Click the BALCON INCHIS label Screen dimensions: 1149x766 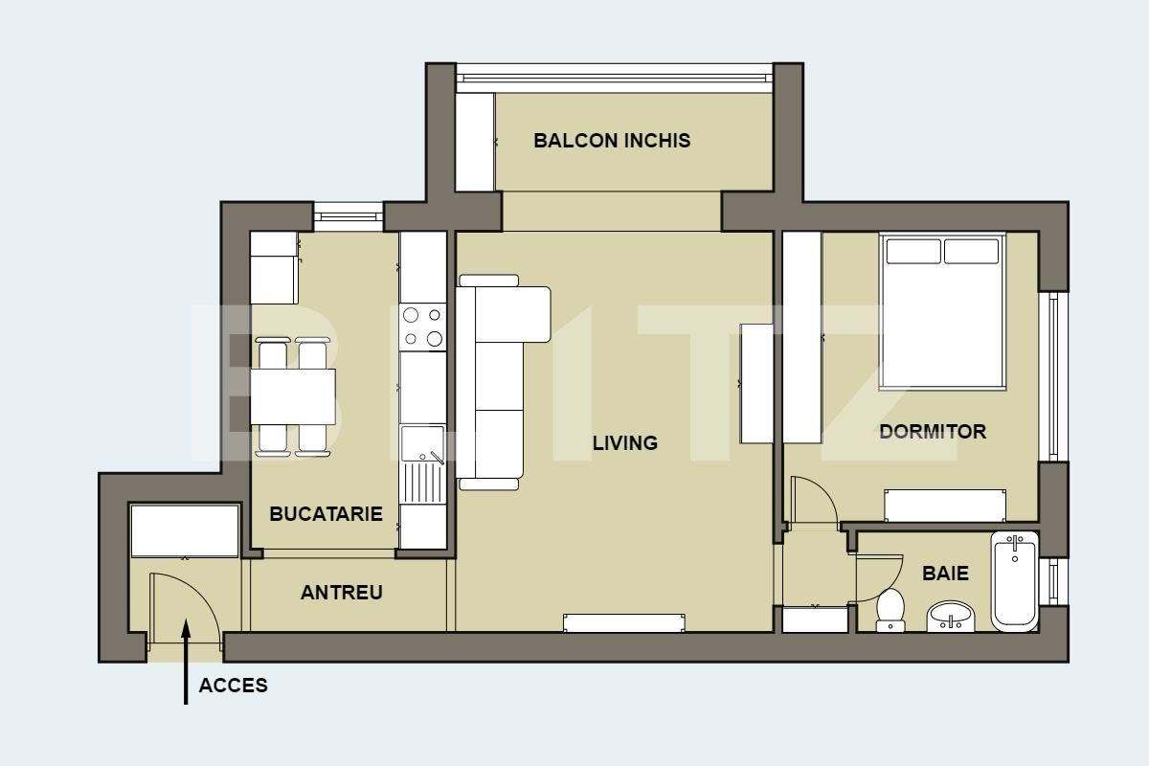pyautogui.click(x=612, y=141)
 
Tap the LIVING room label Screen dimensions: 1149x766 pyautogui.click(x=624, y=442)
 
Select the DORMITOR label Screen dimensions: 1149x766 pyautogui.click(x=933, y=432)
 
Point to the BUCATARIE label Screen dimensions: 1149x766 pyautogui.click(x=326, y=513)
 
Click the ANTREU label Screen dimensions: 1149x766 pyautogui.click(x=342, y=593)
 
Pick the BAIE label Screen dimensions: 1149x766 pyautogui.click(x=945, y=574)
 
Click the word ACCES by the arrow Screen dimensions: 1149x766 pyautogui.click(x=234, y=686)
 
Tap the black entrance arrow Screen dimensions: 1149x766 pyautogui.click(x=186, y=662)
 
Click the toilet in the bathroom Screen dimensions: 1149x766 pyautogui.click(x=890, y=610)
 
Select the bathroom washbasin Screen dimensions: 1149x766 pyautogui.click(x=951, y=617)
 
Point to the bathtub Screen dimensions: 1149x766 pyautogui.click(x=1015, y=581)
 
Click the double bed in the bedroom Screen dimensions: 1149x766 pyautogui.click(x=942, y=311)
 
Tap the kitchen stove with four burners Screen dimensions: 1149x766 pyautogui.click(x=422, y=327)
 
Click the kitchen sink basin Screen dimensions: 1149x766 pyautogui.click(x=422, y=443)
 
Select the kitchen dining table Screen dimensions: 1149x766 pyautogui.click(x=293, y=396)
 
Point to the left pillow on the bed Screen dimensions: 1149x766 pyautogui.click(x=913, y=252)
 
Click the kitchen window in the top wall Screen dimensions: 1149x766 pyautogui.click(x=349, y=216)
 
